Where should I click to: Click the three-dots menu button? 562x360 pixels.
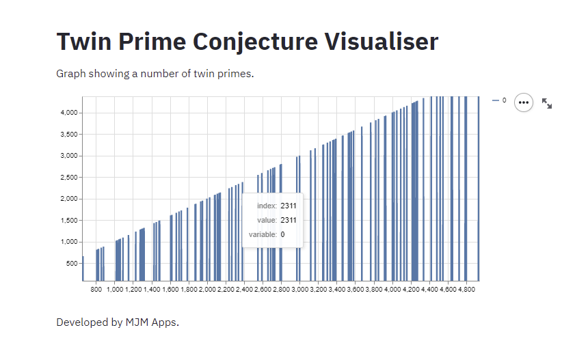[x=524, y=102]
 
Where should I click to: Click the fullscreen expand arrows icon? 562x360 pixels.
[x=547, y=103]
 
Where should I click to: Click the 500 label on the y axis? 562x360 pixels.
[x=72, y=264]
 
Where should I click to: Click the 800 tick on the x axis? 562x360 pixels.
[x=96, y=290]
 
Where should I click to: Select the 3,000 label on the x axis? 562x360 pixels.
[x=299, y=290]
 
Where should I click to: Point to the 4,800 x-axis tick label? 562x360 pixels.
[x=466, y=290]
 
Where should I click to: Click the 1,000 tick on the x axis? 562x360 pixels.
[x=115, y=290]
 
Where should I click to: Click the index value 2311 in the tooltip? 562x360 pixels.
[x=288, y=206]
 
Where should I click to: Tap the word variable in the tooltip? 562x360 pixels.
[x=263, y=235]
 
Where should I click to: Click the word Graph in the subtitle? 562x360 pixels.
[x=70, y=73]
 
